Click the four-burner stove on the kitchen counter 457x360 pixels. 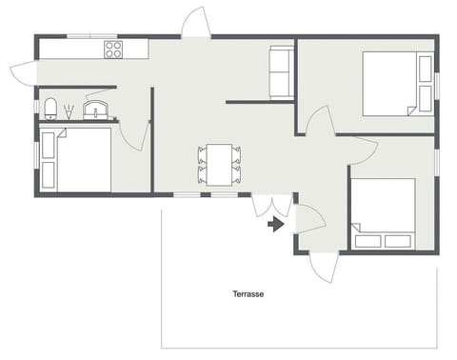pyautogui.click(x=113, y=49)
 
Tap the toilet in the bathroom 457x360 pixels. pyautogui.click(x=49, y=106)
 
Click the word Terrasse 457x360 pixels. pyautogui.click(x=248, y=294)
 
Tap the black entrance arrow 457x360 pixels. pyautogui.click(x=276, y=225)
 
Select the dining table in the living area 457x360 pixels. pyautogui.click(x=219, y=165)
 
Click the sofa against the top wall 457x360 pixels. pyautogui.click(x=282, y=71)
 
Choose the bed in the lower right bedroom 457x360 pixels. pyautogui.click(x=384, y=212)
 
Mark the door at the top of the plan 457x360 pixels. pyautogui.click(x=195, y=23)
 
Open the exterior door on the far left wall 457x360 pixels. pyautogui.click(x=23, y=69)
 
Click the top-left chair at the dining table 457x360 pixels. pyautogui.click(x=202, y=152)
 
